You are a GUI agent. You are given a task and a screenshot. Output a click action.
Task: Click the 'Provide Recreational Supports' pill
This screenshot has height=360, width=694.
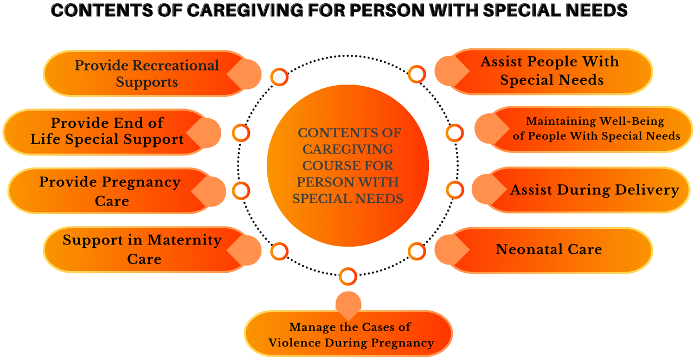coord(146,73)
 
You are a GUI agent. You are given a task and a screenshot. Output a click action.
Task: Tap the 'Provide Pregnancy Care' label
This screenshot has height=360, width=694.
coord(110,191)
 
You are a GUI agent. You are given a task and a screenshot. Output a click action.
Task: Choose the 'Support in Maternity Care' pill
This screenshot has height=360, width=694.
coord(146,250)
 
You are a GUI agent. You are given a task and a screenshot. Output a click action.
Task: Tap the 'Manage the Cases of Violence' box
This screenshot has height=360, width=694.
coord(349,334)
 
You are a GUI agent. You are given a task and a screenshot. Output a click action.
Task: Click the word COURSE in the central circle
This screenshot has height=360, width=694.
coord(348,165)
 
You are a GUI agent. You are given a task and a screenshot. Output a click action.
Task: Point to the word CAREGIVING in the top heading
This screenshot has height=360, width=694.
coord(245,10)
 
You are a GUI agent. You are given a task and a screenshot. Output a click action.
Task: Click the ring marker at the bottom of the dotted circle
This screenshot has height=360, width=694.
coord(348,277)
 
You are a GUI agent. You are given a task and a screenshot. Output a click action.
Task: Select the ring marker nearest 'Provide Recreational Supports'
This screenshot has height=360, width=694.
coord(279,77)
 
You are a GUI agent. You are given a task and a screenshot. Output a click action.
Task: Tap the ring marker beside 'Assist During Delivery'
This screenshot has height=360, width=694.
coord(455,190)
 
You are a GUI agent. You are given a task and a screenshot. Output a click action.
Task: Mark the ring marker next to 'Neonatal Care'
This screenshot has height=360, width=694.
coord(417,251)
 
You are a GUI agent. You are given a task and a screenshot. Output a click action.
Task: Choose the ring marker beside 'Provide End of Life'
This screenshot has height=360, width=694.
coord(241,133)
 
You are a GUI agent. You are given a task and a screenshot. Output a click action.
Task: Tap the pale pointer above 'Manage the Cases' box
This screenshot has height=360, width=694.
coord(348,305)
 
